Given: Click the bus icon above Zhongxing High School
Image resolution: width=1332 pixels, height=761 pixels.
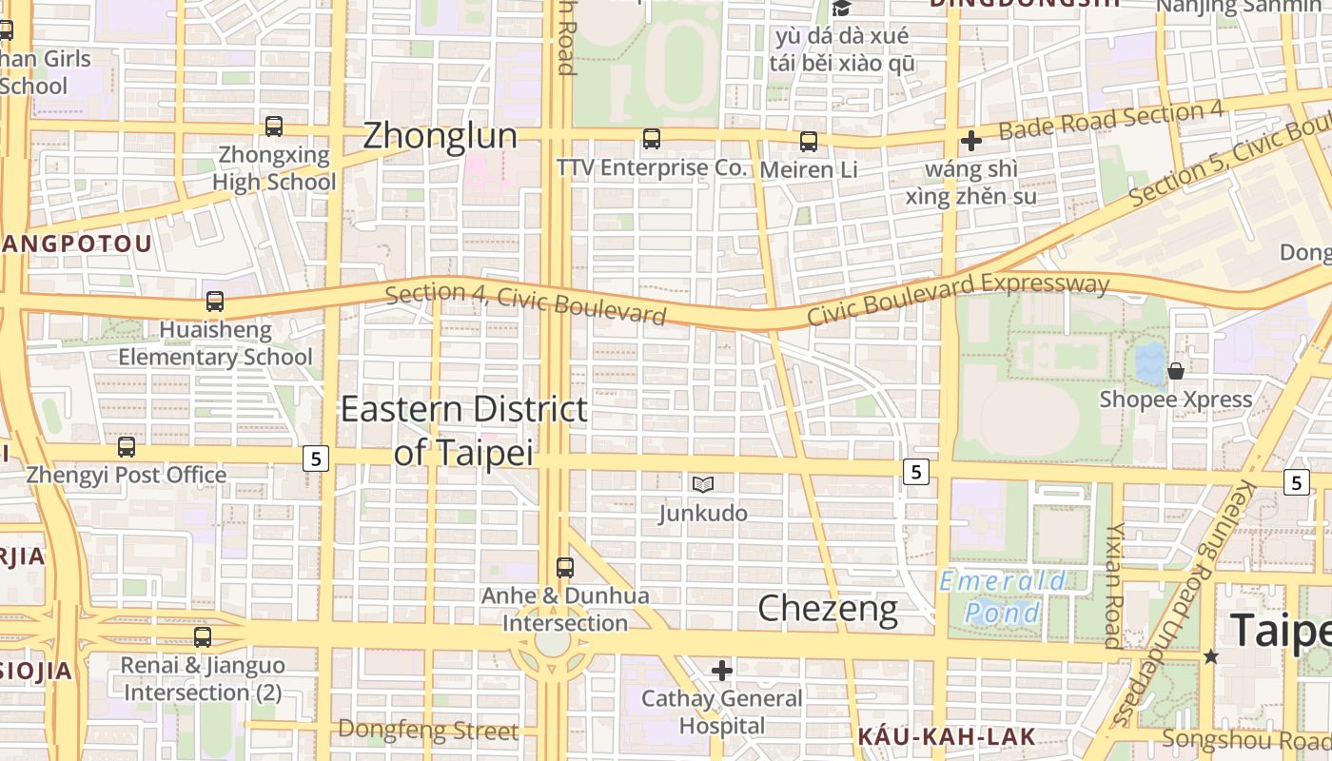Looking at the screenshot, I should [x=274, y=126].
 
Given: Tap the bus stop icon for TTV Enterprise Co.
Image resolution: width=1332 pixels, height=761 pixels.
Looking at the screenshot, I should [x=652, y=139].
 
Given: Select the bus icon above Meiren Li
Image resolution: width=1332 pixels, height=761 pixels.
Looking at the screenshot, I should [x=809, y=142].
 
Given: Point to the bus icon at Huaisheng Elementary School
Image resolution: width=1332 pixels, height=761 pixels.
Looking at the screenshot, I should [x=215, y=302].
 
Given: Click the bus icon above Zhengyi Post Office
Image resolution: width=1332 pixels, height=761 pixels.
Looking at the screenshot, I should [x=127, y=446].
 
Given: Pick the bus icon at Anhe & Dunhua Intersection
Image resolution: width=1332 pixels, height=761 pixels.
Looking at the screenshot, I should [x=565, y=568].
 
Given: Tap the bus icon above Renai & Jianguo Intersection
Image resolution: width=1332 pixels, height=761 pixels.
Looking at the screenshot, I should [x=203, y=637].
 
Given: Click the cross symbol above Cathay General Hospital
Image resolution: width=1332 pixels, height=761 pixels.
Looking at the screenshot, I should [x=722, y=671].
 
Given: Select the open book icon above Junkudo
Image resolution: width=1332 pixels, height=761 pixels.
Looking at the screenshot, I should [x=703, y=484].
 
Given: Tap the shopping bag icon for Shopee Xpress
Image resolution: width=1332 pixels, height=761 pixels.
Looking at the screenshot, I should [x=1176, y=371].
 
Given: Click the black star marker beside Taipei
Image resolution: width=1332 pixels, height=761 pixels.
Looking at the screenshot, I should [x=1210, y=656].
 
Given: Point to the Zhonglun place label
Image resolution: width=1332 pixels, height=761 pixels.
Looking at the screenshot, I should [x=441, y=135].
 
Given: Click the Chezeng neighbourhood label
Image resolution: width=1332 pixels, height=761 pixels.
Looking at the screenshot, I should [x=828, y=609].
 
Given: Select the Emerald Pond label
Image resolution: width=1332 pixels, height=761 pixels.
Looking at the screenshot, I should [x=1003, y=596].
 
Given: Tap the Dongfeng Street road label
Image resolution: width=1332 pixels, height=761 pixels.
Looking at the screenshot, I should [x=428, y=731].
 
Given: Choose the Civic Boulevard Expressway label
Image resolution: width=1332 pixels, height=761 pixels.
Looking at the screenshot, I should [x=958, y=299].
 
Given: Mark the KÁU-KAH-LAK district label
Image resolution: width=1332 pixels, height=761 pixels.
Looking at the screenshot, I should [x=946, y=736].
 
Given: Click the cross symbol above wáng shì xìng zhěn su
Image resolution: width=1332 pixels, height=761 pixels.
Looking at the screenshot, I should [x=971, y=141].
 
